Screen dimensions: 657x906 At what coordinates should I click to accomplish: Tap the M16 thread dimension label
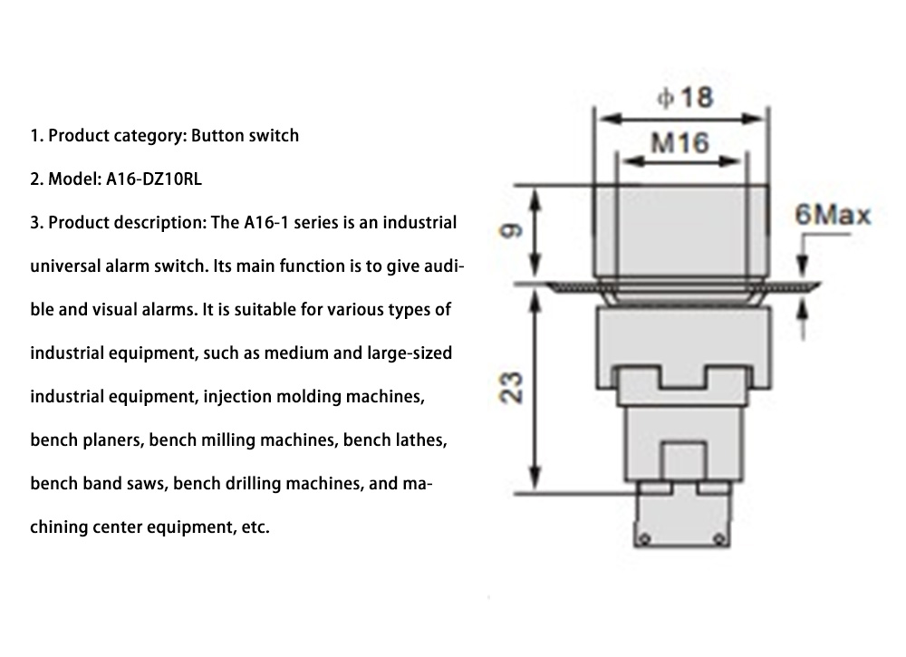[x=680, y=142]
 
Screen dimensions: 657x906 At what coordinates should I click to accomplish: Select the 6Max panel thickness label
[x=832, y=216]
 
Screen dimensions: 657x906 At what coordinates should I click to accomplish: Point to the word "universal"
[x=67, y=266]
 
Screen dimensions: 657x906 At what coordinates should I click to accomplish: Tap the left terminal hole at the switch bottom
[x=645, y=540]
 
